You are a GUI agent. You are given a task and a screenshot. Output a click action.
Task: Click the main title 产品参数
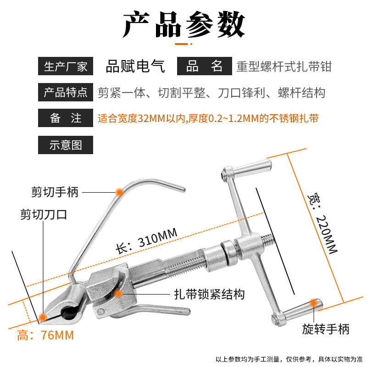tap(184, 24)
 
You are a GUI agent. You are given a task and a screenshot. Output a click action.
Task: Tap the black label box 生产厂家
tap(66, 66)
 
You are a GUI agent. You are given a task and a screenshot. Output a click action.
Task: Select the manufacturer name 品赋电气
tap(135, 66)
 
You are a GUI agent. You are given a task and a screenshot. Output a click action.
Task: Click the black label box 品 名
tap(204, 66)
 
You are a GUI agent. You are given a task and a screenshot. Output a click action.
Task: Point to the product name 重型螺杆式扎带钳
tap(284, 67)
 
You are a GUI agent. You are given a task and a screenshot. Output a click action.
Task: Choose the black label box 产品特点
tap(66, 92)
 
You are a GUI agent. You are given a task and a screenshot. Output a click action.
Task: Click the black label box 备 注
tap(66, 118)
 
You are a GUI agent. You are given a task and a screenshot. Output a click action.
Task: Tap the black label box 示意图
tap(66, 145)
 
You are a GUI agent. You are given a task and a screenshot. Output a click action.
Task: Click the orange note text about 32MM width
tap(208, 118)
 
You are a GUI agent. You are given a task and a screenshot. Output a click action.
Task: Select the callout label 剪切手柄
tap(55, 192)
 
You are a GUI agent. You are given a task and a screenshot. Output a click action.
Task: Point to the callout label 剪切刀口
tap(44, 214)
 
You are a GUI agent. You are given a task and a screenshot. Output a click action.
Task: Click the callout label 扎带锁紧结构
tap(209, 294)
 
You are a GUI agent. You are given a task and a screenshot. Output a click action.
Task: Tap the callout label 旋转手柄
tap(326, 329)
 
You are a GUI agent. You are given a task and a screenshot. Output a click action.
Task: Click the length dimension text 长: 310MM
tap(147, 241)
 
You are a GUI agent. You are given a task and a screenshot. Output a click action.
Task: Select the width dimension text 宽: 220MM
tap(323, 223)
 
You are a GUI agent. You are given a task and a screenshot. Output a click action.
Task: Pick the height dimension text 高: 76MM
tap(45, 335)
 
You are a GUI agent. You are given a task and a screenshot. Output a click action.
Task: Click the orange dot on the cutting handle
tap(119, 192)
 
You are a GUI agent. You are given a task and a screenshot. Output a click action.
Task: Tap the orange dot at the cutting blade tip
tap(43, 317)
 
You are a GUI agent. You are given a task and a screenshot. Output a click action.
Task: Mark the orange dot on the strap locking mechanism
tap(118, 293)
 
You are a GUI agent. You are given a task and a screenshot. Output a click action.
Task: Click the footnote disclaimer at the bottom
tap(289, 359)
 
